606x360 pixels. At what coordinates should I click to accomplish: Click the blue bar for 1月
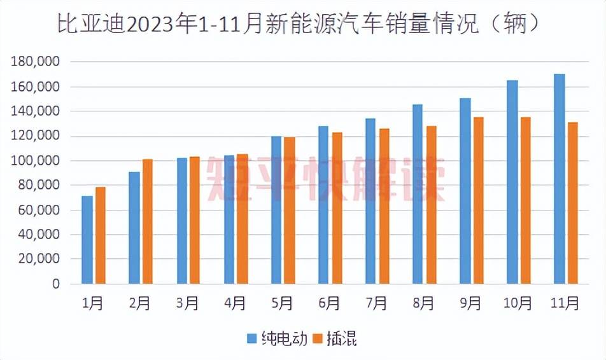87,240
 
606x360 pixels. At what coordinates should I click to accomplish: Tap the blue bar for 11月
559,179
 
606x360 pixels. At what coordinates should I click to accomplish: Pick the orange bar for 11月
573,203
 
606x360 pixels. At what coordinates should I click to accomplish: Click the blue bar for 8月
418,194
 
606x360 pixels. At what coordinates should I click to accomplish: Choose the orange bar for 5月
290,211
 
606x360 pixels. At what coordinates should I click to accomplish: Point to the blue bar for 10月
512,182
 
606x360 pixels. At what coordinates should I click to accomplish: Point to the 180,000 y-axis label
36,62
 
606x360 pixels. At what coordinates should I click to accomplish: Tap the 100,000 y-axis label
36,161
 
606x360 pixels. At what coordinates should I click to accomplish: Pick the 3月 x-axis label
188,304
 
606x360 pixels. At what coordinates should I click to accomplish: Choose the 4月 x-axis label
236,304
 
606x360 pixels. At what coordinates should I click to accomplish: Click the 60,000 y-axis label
39,211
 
